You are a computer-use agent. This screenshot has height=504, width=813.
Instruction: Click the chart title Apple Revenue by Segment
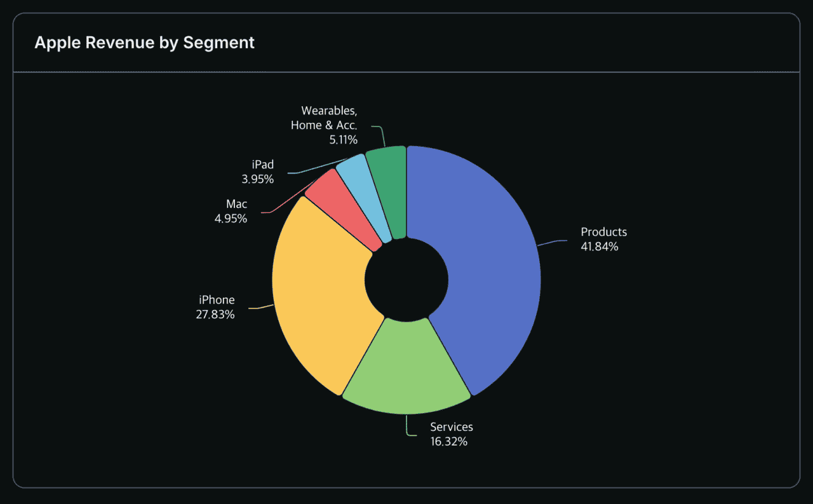(144, 43)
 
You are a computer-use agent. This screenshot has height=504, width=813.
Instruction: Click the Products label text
(603, 232)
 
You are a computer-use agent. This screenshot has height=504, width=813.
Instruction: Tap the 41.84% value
(599, 247)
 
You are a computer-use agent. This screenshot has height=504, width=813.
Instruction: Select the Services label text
(451, 427)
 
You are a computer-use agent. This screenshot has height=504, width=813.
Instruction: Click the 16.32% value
(448, 442)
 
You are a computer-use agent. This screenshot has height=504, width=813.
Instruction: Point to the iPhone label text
(217, 300)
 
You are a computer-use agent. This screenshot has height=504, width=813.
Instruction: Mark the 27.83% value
(215, 315)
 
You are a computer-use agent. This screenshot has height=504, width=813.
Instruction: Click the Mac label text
(236, 204)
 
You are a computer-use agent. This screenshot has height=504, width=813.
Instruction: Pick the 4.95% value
(231, 219)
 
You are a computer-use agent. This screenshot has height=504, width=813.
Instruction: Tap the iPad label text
(262, 165)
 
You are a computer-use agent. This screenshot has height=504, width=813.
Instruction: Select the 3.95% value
(257, 180)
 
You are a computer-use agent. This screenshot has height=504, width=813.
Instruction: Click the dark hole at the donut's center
(406, 278)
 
